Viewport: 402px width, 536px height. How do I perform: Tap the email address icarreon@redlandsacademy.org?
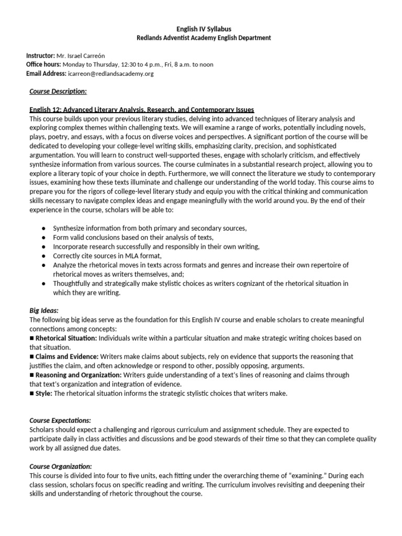coord(110,74)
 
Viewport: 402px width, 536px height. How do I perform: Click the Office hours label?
coord(43,65)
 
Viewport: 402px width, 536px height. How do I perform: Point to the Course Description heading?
coord(58,92)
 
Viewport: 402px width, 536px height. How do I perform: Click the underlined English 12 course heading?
coord(141,110)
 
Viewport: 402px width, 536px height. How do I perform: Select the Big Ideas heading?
coord(43,310)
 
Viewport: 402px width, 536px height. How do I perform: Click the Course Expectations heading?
coord(60,420)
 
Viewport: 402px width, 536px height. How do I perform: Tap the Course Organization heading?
coord(61,466)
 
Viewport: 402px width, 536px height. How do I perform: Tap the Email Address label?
coord(46,74)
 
